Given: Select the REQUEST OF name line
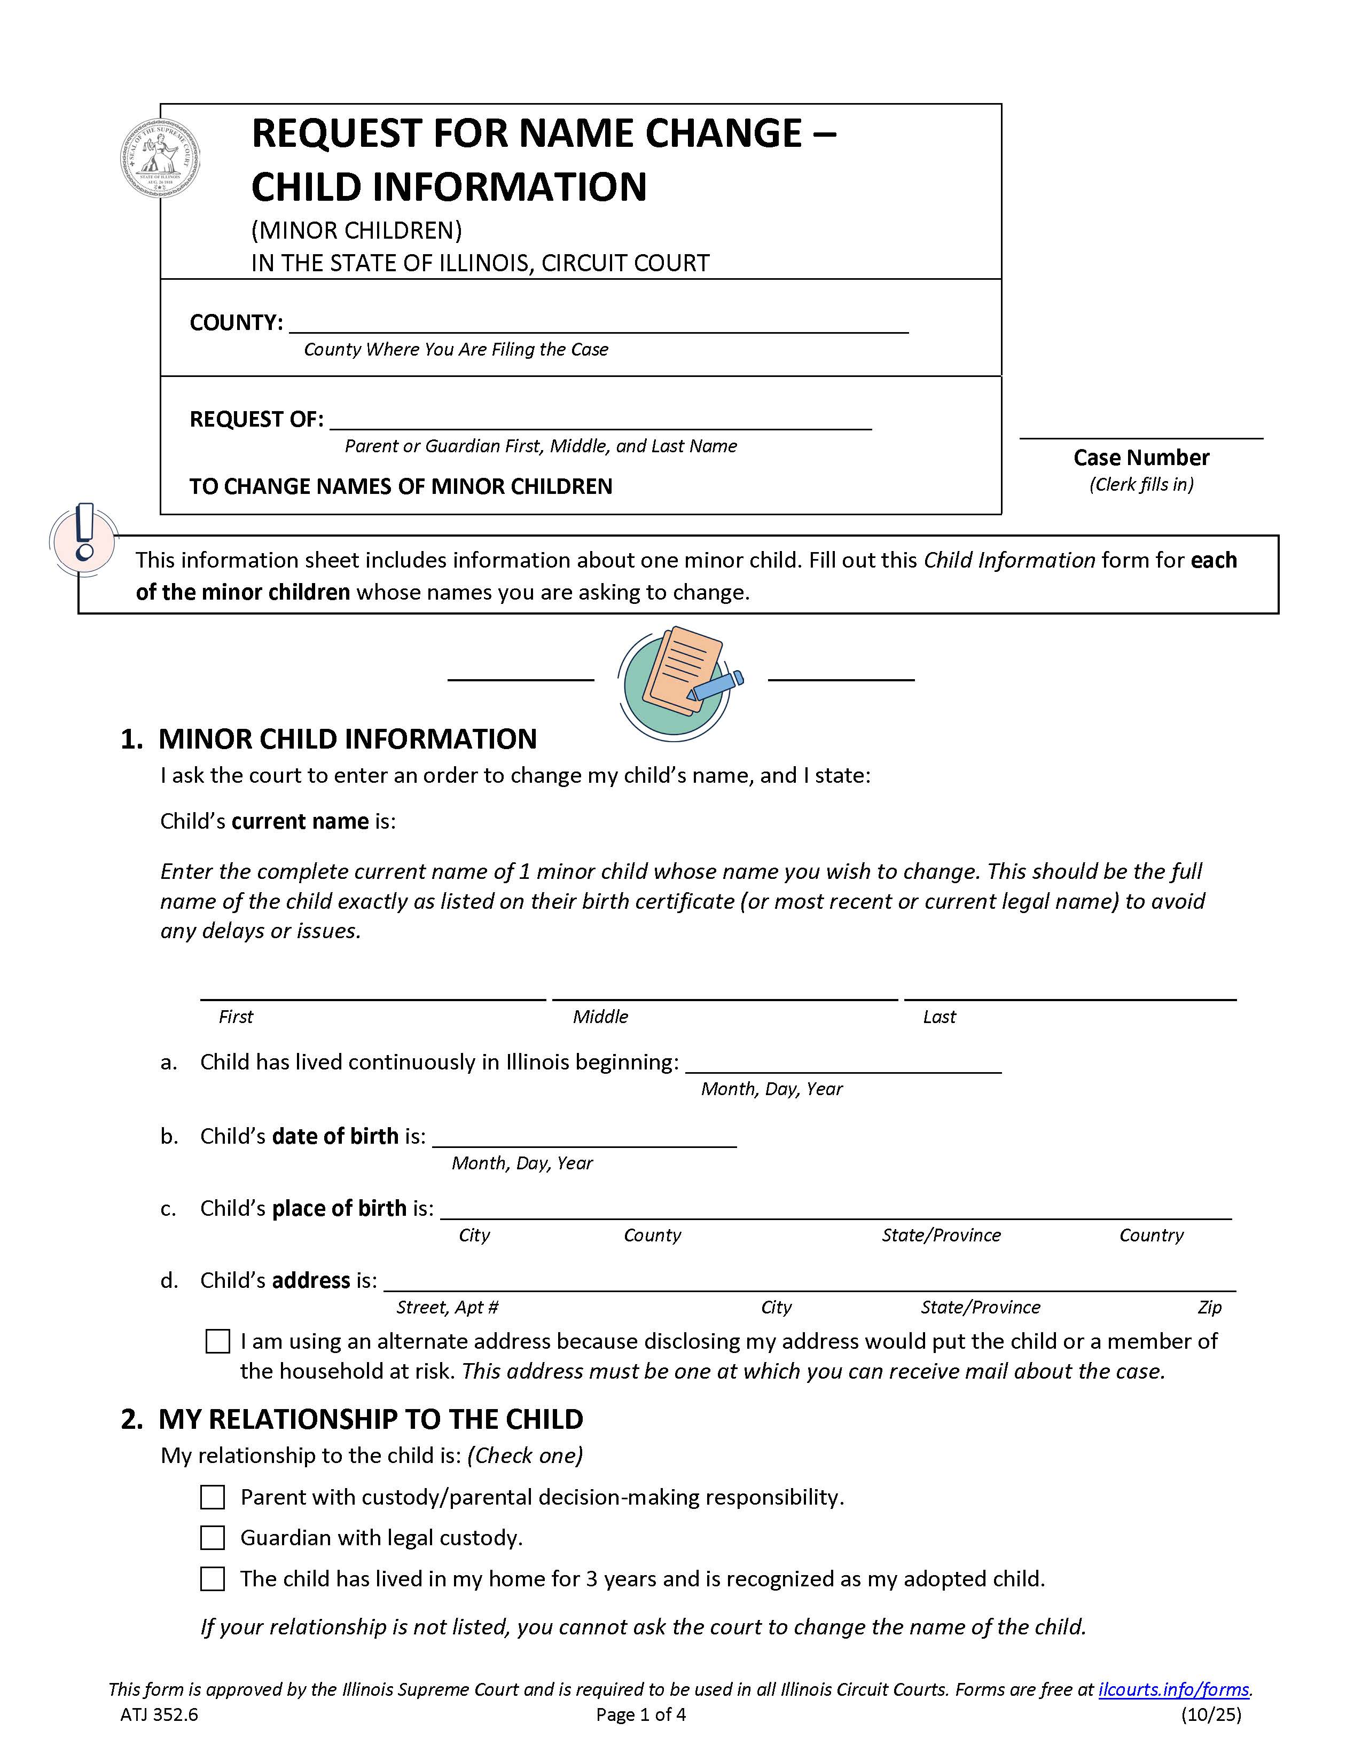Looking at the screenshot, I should click(600, 420).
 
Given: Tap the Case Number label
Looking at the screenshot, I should click(1141, 458).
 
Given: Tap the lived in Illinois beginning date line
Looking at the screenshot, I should click(843, 1063).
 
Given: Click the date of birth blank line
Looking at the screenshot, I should click(584, 1137).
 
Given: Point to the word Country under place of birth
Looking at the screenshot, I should click(1150, 1235).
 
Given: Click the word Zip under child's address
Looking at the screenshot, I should click(1209, 1307).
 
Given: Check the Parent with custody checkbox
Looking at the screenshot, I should click(212, 1497).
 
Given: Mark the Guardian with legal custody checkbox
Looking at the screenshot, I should click(212, 1538).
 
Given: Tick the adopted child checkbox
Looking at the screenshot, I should click(212, 1579).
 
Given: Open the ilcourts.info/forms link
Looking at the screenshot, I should click(1173, 1689).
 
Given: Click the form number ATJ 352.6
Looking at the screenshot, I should click(159, 1714).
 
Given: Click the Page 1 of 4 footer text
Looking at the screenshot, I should click(640, 1714).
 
